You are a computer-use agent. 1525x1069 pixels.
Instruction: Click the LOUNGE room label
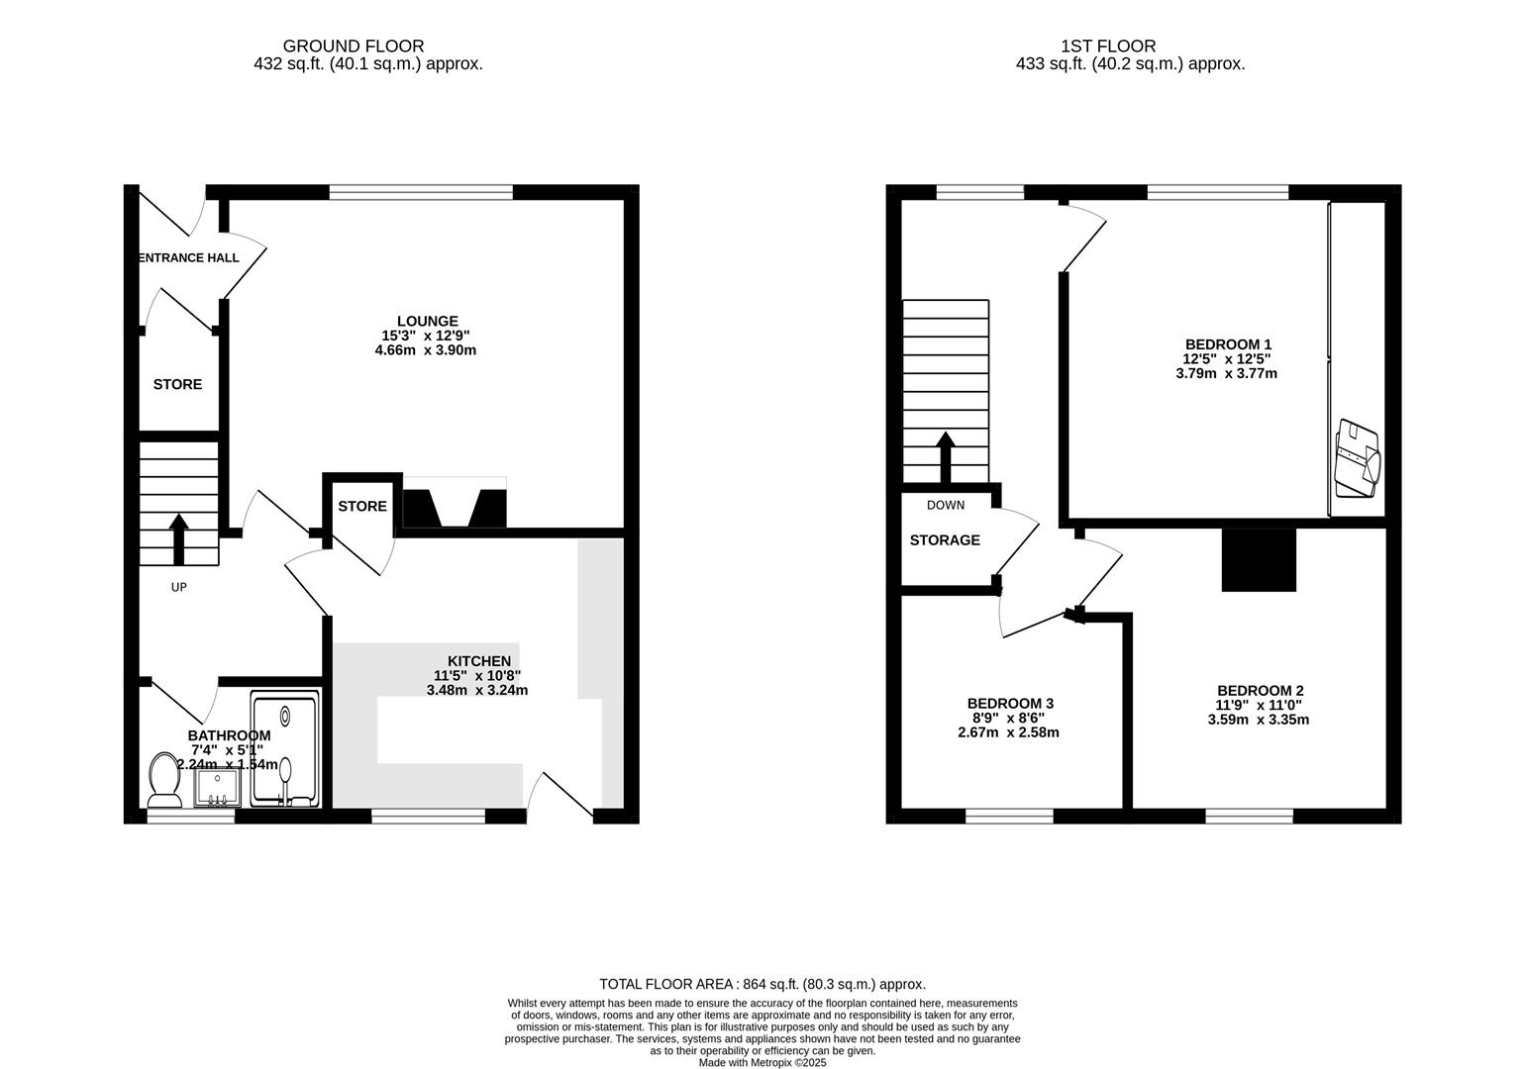tap(427, 321)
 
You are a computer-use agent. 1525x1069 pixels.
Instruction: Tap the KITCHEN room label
tap(479, 661)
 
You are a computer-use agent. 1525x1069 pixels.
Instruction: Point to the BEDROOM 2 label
tap(1260, 691)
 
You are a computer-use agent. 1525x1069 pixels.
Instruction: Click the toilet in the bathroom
tap(163, 779)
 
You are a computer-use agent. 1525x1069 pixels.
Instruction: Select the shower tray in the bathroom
tap(285, 748)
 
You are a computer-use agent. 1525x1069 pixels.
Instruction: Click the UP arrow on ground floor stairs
tap(179, 537)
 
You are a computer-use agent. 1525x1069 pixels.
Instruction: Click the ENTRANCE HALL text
tap(188, 258)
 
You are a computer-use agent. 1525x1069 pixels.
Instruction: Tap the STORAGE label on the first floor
tap(945, 540)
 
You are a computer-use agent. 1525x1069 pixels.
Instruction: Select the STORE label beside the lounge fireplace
tap(362, 507)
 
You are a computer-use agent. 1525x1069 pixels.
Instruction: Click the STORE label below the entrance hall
tap(177, 385)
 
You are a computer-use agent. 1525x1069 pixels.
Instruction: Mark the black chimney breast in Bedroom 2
tap(1259, 559)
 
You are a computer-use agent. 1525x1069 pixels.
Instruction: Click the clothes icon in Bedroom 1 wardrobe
tap(1358, 459)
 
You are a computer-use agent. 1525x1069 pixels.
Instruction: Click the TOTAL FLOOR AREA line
tap(762, 984)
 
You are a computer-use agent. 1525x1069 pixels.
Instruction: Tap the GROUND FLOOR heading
tap(354, 46)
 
